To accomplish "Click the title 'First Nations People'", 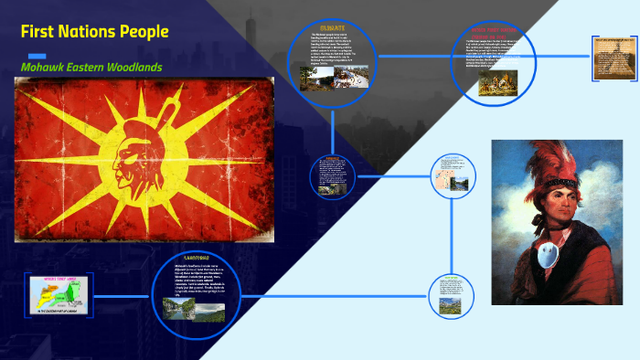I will coord(95,32).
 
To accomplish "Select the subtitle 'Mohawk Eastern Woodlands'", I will coord(91,67).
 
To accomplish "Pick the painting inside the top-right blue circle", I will coord(498,79).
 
